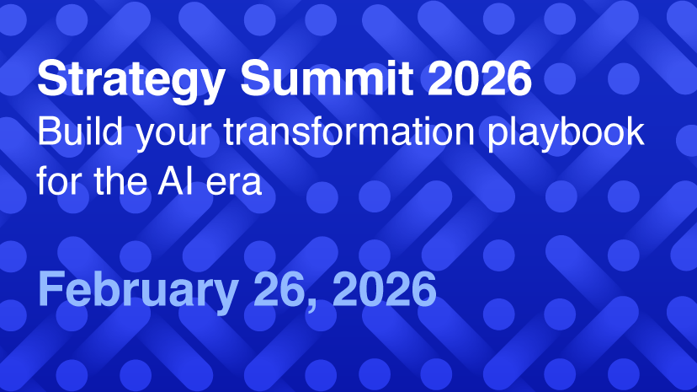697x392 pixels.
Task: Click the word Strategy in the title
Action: point(131,80)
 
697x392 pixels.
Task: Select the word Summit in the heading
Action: point(327,78)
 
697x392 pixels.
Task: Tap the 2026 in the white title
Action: point(480,78)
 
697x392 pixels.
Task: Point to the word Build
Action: point(80,132)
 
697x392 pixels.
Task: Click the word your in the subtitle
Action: point(173,136)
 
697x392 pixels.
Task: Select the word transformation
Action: point(349,132)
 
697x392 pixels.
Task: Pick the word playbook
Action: point(566,133)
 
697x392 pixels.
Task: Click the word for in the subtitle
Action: point(59,180)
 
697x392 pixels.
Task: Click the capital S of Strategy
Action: point(52,78)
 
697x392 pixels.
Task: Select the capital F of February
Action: point(51,289)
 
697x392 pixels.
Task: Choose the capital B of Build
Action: point(48,132)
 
